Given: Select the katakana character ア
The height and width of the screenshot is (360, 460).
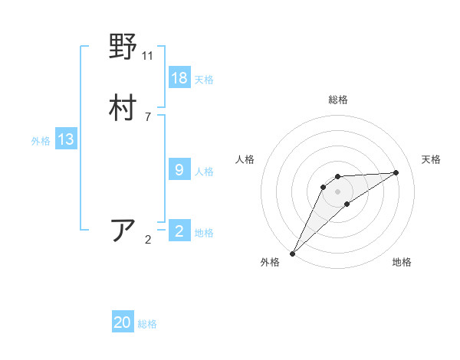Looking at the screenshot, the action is tap(123, 230).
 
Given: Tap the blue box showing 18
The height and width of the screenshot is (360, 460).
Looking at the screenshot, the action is tap(179, 78).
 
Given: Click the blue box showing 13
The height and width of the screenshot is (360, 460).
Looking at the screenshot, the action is tap(65, 139).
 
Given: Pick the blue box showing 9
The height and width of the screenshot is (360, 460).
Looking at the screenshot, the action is tap(179, 170).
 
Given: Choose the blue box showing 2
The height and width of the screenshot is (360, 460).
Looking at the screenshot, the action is tap(179, 231).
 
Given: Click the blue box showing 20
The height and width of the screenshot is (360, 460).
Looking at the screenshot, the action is tap(123, 323).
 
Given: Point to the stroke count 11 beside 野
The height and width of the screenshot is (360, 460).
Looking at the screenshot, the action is tap(148, 56).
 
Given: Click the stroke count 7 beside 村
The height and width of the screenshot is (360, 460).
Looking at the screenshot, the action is tap(148, 116).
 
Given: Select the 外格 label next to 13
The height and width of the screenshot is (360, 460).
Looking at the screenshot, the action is tap(41, 141).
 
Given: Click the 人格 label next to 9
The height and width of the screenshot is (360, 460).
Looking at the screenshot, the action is tap(204, 172).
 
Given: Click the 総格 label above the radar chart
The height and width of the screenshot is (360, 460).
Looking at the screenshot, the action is tap(338, 100).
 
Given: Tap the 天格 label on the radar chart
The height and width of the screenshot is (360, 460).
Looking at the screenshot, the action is tap(432, 159).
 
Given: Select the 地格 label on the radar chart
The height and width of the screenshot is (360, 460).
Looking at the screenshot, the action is tap(402, 262).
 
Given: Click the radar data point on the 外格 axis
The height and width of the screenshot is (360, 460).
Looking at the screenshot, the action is tap(292, 254).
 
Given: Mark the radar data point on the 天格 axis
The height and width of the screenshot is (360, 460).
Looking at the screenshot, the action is tap(396, 172).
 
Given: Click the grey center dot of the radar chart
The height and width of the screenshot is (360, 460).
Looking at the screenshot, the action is tap(338, 191).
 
